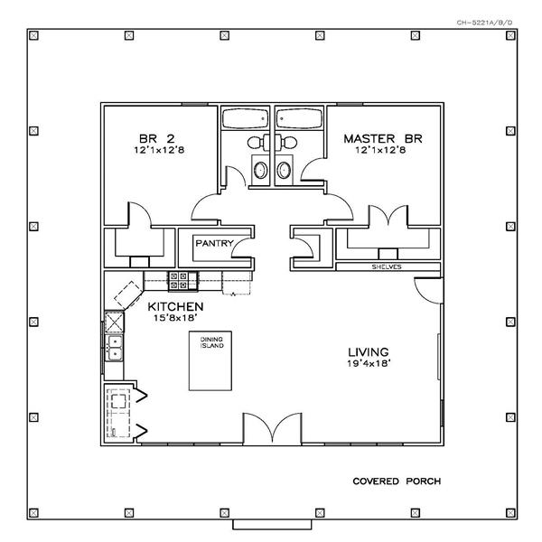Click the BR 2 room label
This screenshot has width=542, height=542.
coord(157,138)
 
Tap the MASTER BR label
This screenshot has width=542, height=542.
coord(383,138)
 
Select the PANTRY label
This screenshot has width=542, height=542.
coord(214,243)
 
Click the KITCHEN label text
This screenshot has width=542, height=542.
coord(175,306)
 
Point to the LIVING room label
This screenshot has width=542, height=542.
coord(369,352)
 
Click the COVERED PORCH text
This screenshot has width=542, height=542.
coord(397,481)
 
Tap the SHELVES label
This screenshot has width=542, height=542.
coord(387,266)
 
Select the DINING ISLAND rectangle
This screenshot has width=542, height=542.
coord(210,360)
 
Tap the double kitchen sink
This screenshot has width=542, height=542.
coord(114,348)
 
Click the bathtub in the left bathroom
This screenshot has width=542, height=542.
coord(245,118)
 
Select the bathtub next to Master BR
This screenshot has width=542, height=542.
coord(299,118)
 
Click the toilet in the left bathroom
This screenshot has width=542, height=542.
coord(258,143)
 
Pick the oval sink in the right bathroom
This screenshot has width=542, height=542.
coord(284,170)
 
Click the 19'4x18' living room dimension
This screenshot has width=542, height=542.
coord(369,363)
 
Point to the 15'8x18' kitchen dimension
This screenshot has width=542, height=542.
coord(175,318)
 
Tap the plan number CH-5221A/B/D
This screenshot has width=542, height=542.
coord(484,23)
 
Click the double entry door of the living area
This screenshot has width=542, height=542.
coord(272,428)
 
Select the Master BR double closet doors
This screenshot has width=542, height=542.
coord(388,216)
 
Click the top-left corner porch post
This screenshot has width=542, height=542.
coord(33,35)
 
